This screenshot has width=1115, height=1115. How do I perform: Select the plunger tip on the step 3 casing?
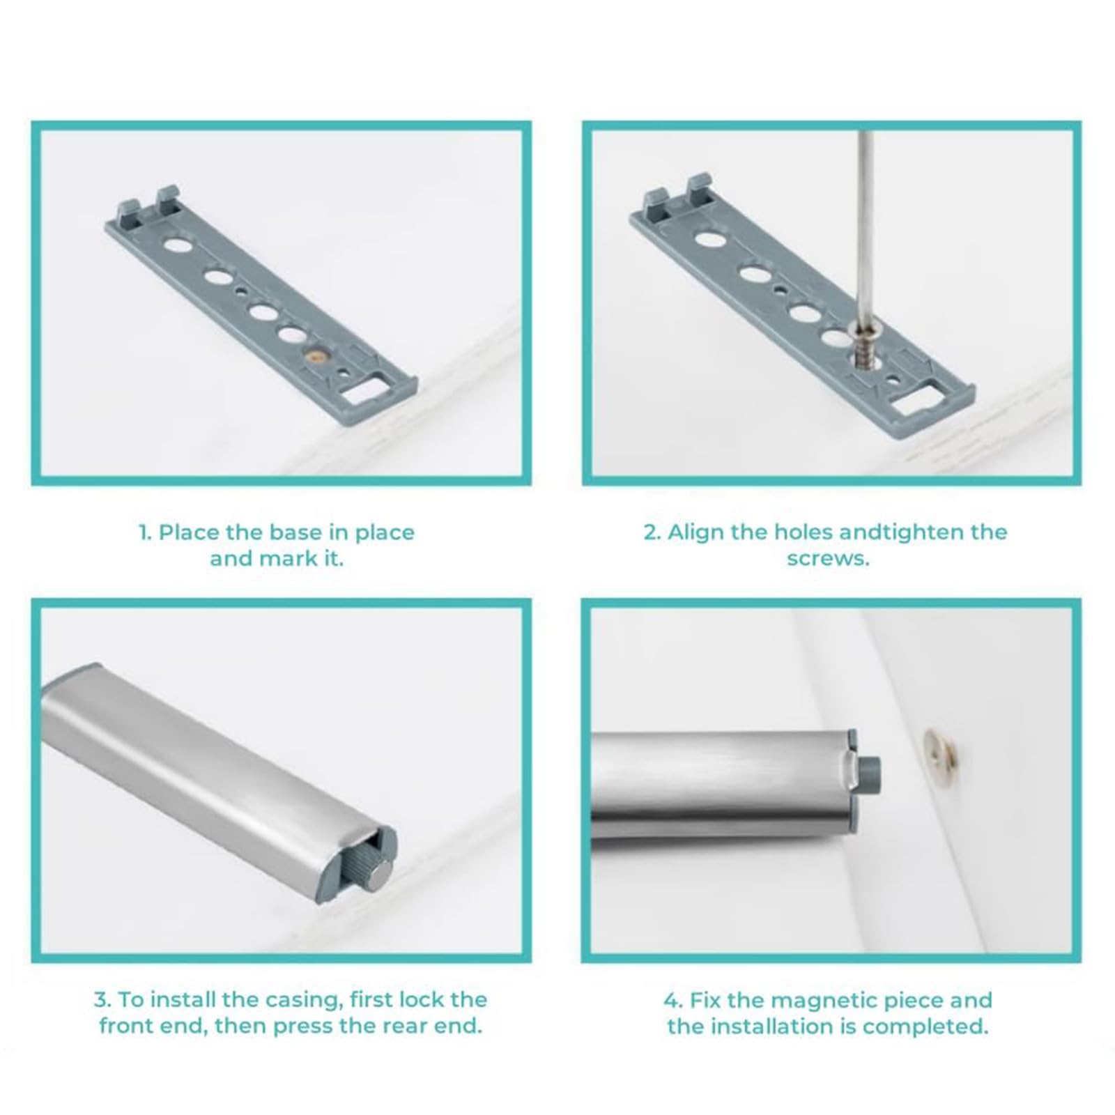pos(378,873)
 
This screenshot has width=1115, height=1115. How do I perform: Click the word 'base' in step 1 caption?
pos(296,532)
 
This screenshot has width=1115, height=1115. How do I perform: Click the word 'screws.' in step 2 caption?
pos(829,559)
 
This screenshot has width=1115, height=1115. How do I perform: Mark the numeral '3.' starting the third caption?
pos(102,1000)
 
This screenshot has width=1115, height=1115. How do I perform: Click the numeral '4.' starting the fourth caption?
pos(673,1001)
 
